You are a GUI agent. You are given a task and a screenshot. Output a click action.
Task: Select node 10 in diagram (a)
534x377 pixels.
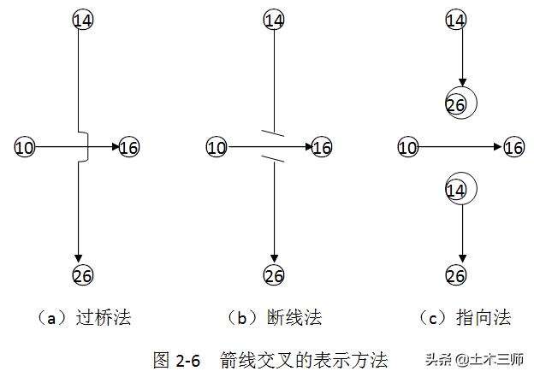[25, 148]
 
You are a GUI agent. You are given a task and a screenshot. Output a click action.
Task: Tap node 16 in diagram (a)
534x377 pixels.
[129, 148]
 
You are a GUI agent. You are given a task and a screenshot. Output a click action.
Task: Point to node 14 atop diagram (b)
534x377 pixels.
[274, 19]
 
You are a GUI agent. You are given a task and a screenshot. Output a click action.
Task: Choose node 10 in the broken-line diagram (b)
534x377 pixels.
[217, 148]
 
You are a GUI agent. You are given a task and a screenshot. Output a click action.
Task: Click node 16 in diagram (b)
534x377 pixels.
[322, 148]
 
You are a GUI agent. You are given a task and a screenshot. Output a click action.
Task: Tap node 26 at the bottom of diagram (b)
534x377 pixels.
[274, 275]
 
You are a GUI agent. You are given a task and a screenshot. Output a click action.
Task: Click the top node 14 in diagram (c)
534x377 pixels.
[457, 19]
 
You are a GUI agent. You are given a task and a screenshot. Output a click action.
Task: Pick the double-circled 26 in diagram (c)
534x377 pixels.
[459, 104]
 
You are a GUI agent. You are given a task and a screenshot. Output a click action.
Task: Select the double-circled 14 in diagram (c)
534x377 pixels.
[459, 189]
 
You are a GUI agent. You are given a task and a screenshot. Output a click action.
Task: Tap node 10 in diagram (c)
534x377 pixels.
[408, 148]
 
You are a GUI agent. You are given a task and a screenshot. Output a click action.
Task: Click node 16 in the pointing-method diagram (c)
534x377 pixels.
[513, 148]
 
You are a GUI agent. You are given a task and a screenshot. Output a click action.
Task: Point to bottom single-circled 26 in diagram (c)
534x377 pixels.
[457, 275]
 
